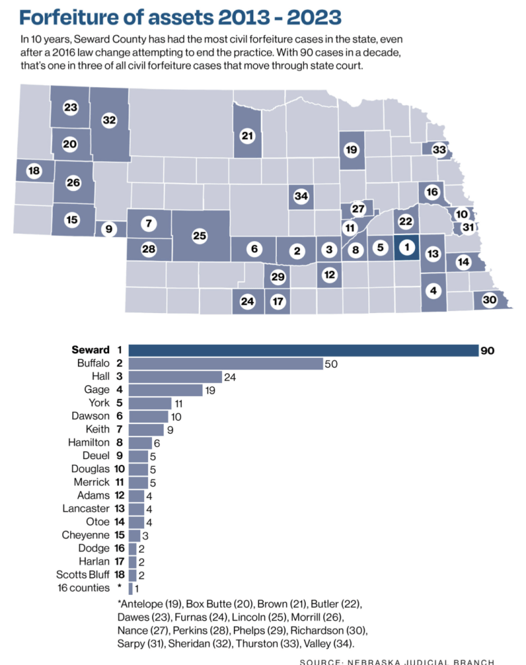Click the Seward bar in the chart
pyautogui.click(x=304, y=350)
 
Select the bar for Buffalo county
pyautogui.click(x=226, y=364)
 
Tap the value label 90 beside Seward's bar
pyautogui.click(x=488, y=351)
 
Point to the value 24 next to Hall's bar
pyautogui.click(x=230, y=377)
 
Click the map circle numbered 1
pyautogui.click(x=407, y=247)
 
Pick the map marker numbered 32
pyautogui.click(x=109, y=120)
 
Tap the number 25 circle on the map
pyautogui.click(x=199, y=235)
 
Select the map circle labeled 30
pyautogui.click(x=490, y=300)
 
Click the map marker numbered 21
pyautogui.click(x=247, y=136)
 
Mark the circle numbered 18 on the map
pyautogui.click(x=34, y=171)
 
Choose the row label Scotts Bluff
pyautogui.click(x=82, y=575)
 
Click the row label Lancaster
pyautogui.click(x=86, y=508)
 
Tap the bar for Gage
pyautogui.click(x=166, y=390)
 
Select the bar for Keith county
pyautogui.click(x=146, y=430)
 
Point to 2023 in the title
pyautogui.click(x=314, y=18)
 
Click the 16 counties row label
pyautogui.click(x=84, y=588)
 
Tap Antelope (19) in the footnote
pyautogui.click(x=150, y=603)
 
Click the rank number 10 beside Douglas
pyautogui.click(x=119, y=469)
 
